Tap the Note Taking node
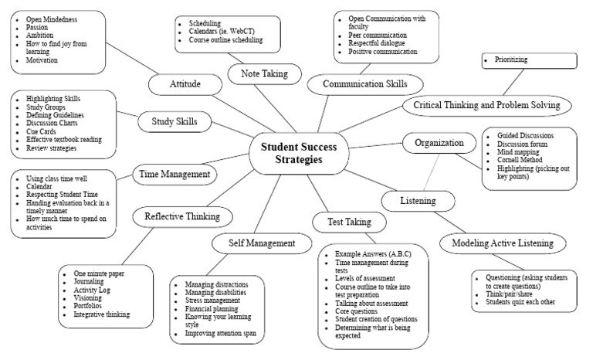click(x=260, y=73)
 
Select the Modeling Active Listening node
click(x=497, y=243)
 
